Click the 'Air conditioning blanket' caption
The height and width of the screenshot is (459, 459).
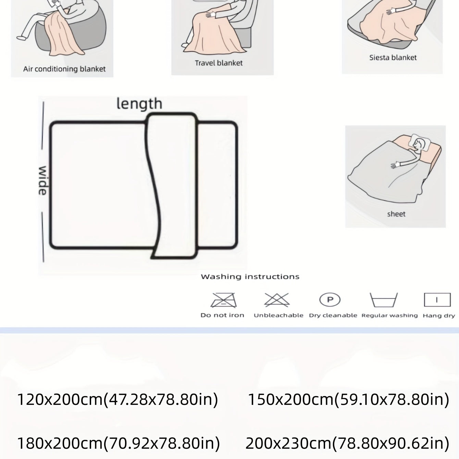tap(64, 69)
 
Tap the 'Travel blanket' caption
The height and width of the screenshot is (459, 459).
tap(219, 63)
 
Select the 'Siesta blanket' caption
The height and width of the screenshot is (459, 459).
tap(393, 58)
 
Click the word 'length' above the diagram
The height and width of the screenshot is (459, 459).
tap(139, 104)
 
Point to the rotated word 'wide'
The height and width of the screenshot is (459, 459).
tap(42, 181)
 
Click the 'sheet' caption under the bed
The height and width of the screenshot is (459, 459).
tap(396, 214)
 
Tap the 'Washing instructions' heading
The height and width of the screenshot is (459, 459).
tap(250, 276)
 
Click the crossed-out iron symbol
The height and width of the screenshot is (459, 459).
tap(223, 300)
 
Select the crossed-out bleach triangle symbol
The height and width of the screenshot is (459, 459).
tap(277, 300)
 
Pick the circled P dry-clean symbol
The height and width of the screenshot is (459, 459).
tap(330, 299)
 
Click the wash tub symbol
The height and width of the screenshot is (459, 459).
tap(384, 300)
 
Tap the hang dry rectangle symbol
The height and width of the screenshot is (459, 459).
tap(437, 300)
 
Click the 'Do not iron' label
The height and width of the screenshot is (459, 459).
tap(222, 315)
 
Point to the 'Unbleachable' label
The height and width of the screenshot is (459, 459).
tap(278, 315)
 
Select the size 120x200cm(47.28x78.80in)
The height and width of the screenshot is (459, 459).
tap(118, 400)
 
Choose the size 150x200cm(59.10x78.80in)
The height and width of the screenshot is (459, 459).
tap(349, 400)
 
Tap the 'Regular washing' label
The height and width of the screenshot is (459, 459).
tap(390, 315)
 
